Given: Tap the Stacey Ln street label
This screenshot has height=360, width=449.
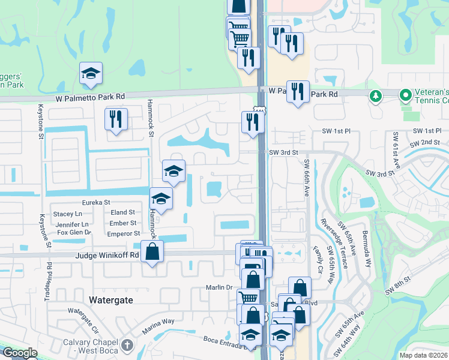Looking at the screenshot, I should [x=67, y=214].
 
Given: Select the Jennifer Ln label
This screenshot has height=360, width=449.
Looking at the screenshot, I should [x=73, y=224].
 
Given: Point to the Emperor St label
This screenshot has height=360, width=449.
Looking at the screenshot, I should [x=124, y=233].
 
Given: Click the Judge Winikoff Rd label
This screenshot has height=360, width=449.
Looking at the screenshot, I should [x=107, y=255].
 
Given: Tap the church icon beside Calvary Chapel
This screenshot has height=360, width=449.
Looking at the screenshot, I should [x=126, y=345].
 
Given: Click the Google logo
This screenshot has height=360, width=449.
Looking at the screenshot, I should [x=19, y=353].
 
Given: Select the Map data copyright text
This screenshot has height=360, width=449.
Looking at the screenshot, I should [x=423, y=355].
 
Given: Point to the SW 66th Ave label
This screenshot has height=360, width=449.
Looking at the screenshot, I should [x=307, y=178].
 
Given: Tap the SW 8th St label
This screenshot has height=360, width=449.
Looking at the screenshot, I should [x=399, y=280].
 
